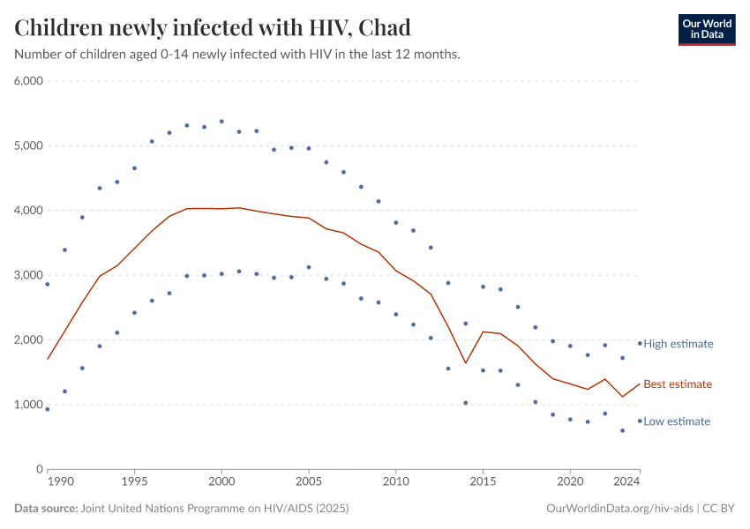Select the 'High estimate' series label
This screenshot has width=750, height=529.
point(678,344)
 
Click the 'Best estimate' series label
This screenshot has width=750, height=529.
point(678,384)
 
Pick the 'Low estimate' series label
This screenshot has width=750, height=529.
point(677,421)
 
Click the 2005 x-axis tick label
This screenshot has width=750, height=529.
point(309,483)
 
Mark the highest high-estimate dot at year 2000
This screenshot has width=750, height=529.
point(221,122)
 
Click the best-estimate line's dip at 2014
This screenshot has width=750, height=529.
point(466,363)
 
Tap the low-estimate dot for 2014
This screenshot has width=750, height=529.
point(466,403)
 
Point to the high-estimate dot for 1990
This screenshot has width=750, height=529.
point(48,284)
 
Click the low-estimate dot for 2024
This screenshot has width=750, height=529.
point(640,421)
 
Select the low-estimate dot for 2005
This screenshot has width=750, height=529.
point(309,267)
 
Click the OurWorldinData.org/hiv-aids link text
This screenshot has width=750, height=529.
point(619,509)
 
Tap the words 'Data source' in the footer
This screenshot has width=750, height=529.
point(45,509)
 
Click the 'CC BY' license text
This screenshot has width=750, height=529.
point(719,509)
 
